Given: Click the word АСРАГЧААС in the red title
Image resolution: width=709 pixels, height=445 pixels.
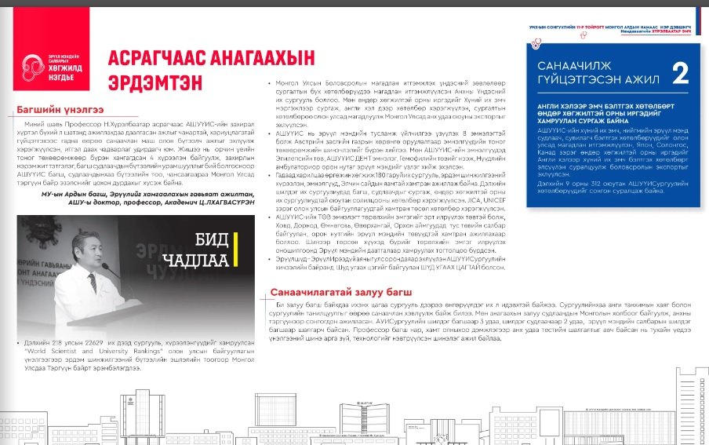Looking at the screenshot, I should click(x=151, y=59).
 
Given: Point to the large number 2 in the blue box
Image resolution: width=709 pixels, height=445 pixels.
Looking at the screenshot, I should click(x=680, y=75).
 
